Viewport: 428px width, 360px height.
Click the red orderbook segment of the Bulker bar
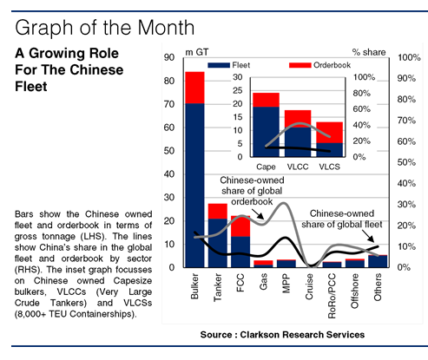pyautogui.click(x=194, y=88)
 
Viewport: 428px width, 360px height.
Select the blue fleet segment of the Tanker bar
pyautogui.click(x=218, y=243)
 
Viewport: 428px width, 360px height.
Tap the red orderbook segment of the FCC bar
pyautogui.click(x=240, y=226)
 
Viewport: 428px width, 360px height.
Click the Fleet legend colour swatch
pyautogui.click(x=219, y=65)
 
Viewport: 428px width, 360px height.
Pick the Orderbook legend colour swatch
pyautogui.click(x=300, y=65)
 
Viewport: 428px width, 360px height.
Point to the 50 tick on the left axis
pyautogui.click(x=169, y=151)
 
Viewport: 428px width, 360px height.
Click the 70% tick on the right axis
pyautogui.click(x=406, y=121)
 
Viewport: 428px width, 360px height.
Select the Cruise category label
pyautogui.click(x=309, y=287)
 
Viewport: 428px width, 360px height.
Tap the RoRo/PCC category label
pyautogui.click(x=332, y=296)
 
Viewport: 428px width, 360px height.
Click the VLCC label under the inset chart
pyautogui.click(x=298, y=167)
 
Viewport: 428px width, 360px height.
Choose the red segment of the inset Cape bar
pyautogui.click(x=266, y=100)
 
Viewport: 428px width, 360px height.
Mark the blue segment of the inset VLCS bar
pyautogui.click(x=330, y=150)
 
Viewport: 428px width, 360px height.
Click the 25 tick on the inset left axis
pyautogui.click(x=238, y=90)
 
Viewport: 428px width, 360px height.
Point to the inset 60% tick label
pyautogui.click(x=362, y=109)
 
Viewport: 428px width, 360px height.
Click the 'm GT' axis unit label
pyautogui.click(x=197, y=52)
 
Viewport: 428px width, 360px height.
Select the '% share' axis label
pyautogui.click(x=369, y=52)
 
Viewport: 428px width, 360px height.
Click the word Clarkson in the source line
pyautogui.click(x=260, y=335)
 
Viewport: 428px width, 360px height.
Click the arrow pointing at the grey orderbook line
pyautogui.click(x=258, y=214)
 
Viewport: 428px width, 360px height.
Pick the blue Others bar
pyautogui.click(x=378, y=261)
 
